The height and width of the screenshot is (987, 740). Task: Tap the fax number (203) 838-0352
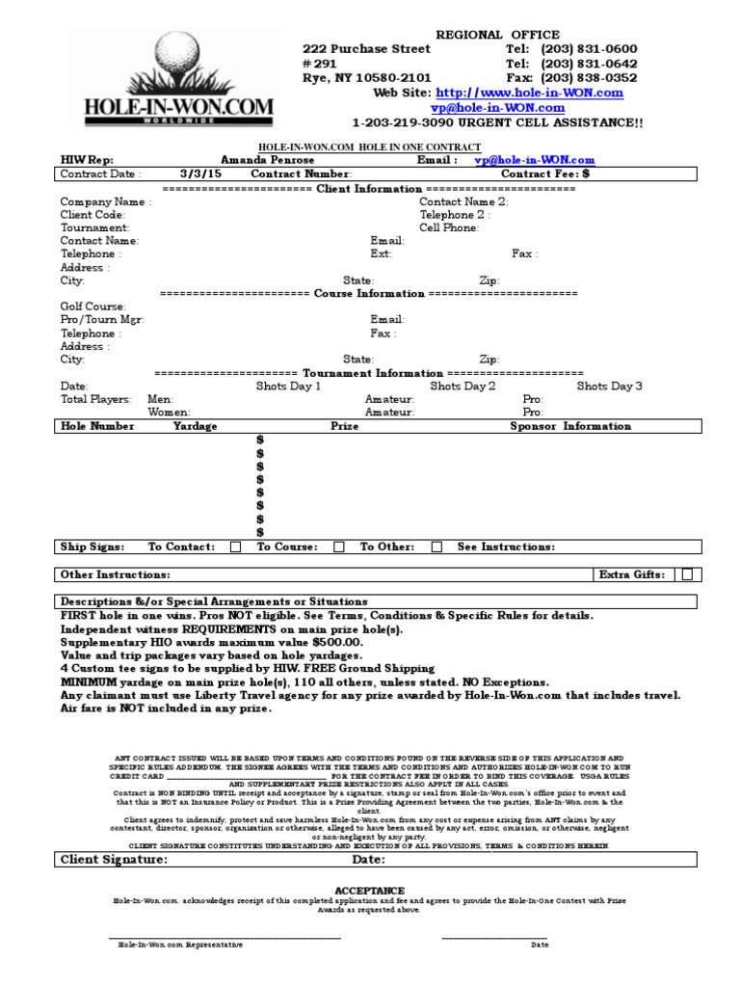(x=589, y=77)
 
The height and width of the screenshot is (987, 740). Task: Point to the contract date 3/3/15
(x=198, y=174)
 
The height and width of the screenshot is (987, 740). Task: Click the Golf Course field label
(x=93, y=307)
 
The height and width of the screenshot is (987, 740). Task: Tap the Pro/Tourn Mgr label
(x=102, y=320)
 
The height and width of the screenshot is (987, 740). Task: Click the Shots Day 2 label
(x=462, y=386)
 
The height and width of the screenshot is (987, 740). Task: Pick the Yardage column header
(x=195, y=426)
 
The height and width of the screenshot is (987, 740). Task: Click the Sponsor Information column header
(x=570, y=426)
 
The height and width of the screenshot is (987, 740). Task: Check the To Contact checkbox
(x=236, y=547)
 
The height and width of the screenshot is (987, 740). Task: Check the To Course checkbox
(x=338, y=547)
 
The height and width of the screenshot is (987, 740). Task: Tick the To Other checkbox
(x=436, y=547)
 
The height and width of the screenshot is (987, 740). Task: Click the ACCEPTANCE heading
(x=370, y=891)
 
